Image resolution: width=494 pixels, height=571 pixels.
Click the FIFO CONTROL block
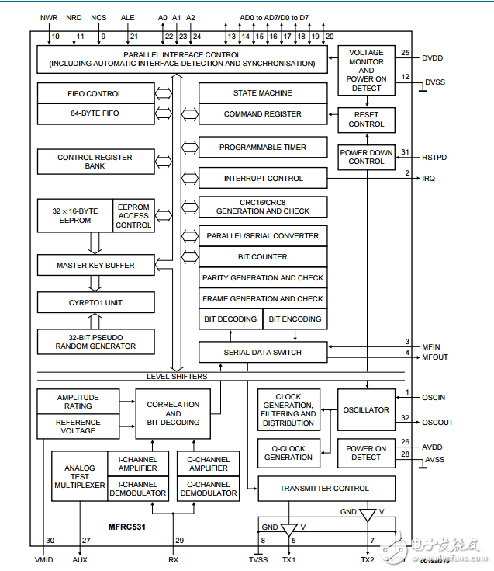[95, 94]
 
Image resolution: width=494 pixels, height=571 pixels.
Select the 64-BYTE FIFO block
[95, 113]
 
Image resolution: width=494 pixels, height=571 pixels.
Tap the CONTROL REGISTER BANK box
[95, 162]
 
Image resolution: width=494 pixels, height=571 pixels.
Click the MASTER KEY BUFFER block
[95, 266]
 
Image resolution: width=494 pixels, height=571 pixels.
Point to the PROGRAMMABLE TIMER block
[262, 148]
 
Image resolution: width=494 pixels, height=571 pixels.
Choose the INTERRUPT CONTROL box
[262, 179]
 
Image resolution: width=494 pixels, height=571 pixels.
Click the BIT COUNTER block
[262, 257]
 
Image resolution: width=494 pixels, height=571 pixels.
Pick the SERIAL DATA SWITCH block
[262, 353]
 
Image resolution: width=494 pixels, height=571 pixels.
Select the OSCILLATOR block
[366, 409]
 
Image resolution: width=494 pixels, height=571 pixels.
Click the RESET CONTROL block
[366, 119]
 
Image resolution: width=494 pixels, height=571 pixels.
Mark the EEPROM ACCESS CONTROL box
[133, 216]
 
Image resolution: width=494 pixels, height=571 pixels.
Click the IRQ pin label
[429, 179]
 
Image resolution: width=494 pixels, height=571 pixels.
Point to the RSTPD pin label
[434, 158]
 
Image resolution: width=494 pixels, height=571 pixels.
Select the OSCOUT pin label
[437, 423]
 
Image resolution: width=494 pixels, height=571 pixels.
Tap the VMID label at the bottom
[46, 559]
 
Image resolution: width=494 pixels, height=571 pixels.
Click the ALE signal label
[128, 16]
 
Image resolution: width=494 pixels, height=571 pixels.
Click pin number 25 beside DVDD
[405, 53]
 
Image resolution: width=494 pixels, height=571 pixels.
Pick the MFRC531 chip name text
[127, 527]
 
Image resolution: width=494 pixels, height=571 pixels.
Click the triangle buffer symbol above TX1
[288, 530]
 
